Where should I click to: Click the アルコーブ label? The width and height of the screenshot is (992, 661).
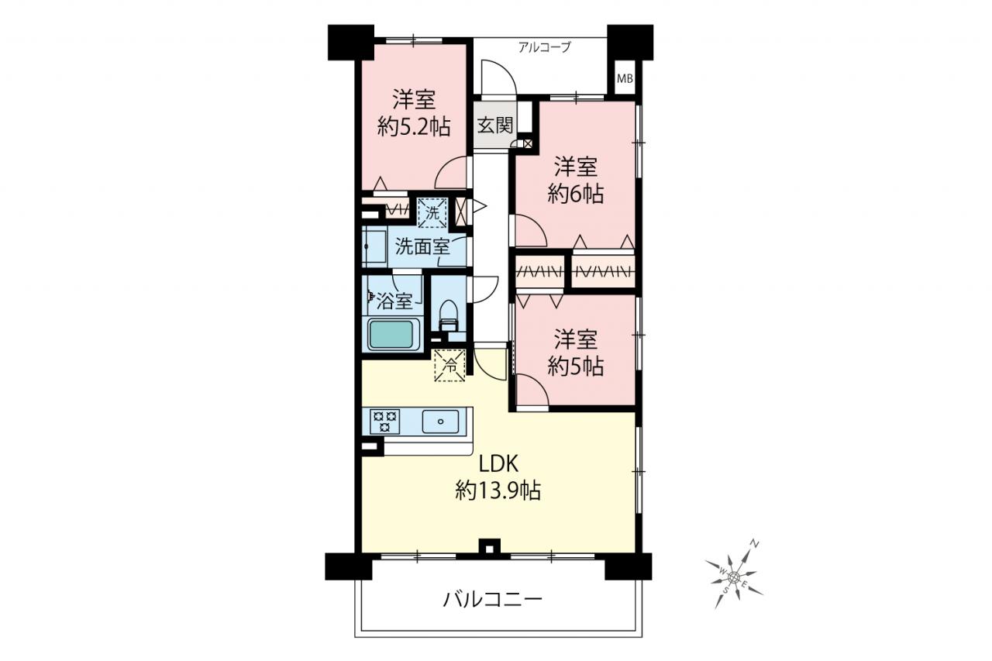point(544,47)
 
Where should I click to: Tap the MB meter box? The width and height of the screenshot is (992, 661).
point(625,79)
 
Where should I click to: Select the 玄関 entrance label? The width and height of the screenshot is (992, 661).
point(495,126)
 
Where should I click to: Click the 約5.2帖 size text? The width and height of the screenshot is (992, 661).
point(414,127)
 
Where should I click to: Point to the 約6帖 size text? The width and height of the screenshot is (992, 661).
point(575,194)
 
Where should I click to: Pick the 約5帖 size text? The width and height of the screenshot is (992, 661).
point(575,366)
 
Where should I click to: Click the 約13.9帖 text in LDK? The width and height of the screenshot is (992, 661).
point(498,490)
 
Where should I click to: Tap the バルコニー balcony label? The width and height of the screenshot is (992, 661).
point(492,600)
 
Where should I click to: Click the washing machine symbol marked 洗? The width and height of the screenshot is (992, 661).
point(432,213)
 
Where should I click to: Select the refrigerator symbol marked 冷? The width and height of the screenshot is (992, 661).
point(450,365)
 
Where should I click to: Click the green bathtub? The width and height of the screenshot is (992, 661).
point(391,334)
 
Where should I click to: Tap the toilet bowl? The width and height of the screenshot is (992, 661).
point(448,315)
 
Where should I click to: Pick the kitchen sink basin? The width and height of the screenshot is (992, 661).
point(440,422)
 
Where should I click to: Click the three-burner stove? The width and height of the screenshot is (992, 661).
point(384,422)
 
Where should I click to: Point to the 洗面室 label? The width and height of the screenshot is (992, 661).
point(422,246)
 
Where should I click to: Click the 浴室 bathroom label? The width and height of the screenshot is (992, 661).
point(394,301)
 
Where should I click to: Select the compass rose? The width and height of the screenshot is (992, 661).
point(734,577)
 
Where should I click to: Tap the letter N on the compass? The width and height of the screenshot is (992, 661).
point(755,544)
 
